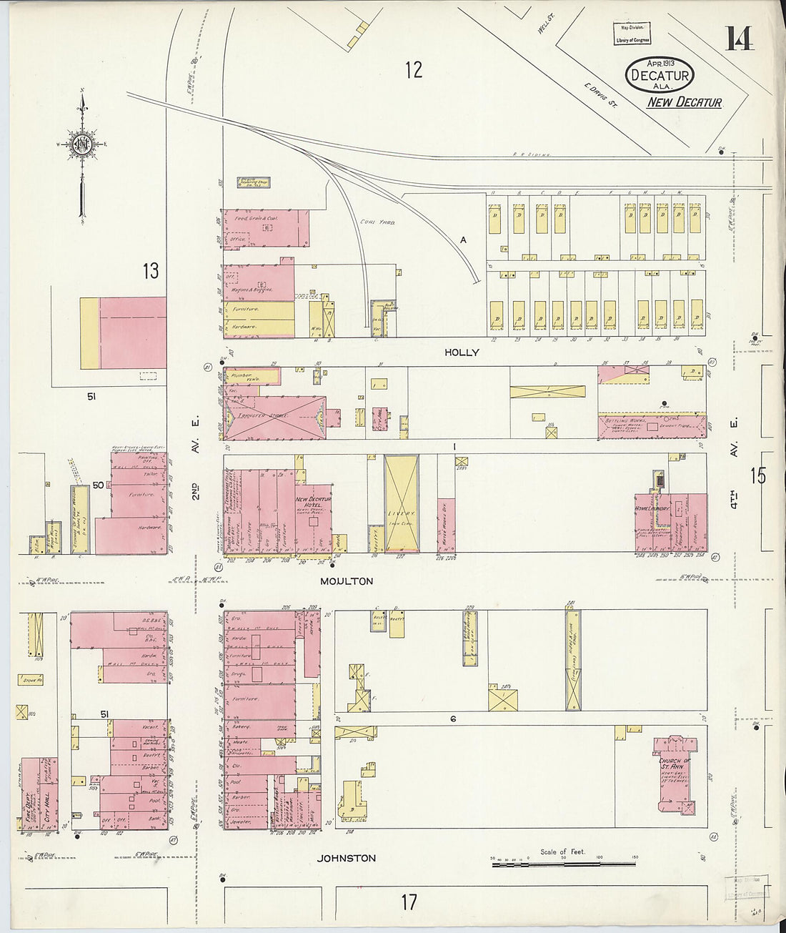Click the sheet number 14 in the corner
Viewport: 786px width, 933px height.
click(739, 38)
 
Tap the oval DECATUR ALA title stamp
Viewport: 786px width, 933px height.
click(659, 75)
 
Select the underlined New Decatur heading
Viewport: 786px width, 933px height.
click(684, 102)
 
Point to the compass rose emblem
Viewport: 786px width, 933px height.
click(82, 144)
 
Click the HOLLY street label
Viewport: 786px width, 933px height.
click(462, 352)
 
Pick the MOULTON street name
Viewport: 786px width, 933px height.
click(347, 581)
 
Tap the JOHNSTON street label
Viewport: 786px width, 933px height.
click(347, 858)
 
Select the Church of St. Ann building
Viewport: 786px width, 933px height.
click(675, 776)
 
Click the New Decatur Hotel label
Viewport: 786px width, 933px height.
click(312, 503)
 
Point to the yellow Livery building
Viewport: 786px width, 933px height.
click(401, 503)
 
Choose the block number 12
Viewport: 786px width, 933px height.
click(413, 70)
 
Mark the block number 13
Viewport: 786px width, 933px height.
click(150, 271)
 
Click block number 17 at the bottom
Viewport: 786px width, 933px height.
click(408, 902)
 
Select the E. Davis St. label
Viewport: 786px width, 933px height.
click(595, 92)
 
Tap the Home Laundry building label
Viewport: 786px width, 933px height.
click(652, 509)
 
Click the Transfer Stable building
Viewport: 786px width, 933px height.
click(268, 416)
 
